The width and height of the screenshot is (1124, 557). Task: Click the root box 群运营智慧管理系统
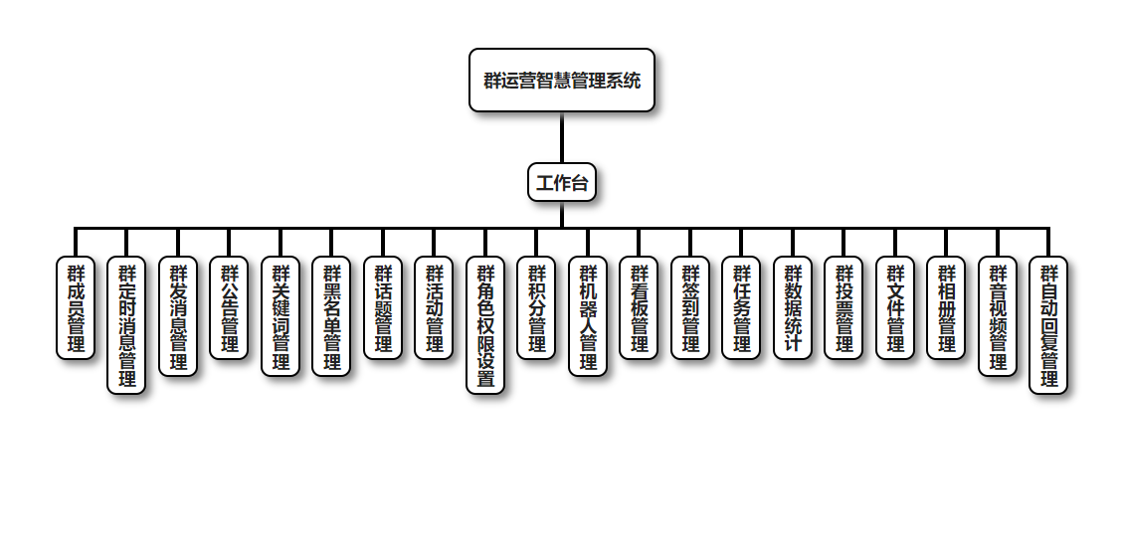pyautogui.click(x=562, y=81)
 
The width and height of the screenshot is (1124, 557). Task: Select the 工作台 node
pyautogui.click(x=562, y=183)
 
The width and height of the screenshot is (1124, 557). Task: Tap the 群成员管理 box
pyautogui.click(x=76, y=307)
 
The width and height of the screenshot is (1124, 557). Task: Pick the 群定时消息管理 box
pyautogui.click(x=126, y=324)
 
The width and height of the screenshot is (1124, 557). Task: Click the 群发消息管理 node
pyautogui.click(x=178, y=316)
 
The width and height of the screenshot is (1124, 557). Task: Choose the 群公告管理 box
pyautogui.click(x=229, y=307)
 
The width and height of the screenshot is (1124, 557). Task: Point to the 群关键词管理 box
pyautogui.click(x=281, y=316)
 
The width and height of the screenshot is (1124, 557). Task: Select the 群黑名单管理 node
pyautogui.click(x=331, y=316)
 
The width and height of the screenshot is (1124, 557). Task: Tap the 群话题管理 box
pyautogui.click(x=383, y=307)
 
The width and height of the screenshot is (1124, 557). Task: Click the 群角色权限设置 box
pyautogui.click(x=485, y=324)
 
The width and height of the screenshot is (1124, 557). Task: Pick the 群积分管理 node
pyautogui.click(x=536, y=307)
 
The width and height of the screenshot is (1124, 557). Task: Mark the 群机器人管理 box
pyautogui.click(x=588, y=316)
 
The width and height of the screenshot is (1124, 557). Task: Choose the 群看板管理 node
pyautogui.click(x=639, y=307)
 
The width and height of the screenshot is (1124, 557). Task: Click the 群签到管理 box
pyautogui.click(x=690, y=307)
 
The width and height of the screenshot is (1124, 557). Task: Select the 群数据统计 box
pyautogui.click(x=793, y=307)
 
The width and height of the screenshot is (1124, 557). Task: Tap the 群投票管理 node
pyautogui.click(x=843, y=307)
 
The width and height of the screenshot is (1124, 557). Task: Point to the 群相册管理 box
pyautogui.click(x=946, y=307)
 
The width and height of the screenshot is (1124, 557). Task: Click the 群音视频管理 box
pyautogui.click(x=998, y=316)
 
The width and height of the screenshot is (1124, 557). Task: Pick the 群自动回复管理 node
pyautogui.click(x=1048, y=324)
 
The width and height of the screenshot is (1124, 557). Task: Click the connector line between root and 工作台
pyautogui.click(x=562, y=137)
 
